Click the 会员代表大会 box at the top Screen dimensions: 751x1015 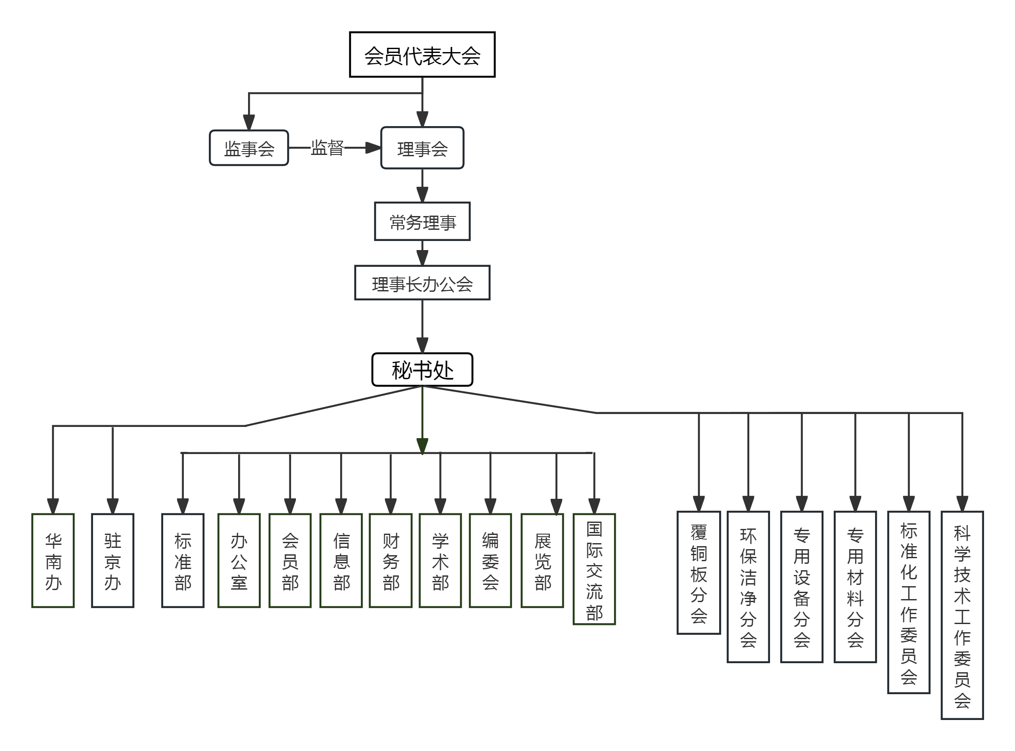[x=422, y=55]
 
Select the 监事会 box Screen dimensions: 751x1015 [x=249, y=148]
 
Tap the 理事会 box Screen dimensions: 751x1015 [x=422, y=148]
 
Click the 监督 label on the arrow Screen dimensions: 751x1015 [x=327, y=148]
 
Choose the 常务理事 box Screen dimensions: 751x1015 [x=422, y=221]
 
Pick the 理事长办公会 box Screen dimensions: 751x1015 [x=422, y=283]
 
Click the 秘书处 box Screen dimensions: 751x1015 [x=422, y=370]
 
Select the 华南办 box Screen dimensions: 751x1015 [x=53, y=561]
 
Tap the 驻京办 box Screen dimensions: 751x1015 [x=113, y=561]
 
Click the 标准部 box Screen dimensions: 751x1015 [x=183, y=561]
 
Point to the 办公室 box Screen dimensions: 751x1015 [x=239, y=561]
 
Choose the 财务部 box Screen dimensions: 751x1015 [x=391, y=561]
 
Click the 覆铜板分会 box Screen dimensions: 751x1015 [x=698, y=573]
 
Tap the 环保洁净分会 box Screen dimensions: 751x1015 [x=748, y=587]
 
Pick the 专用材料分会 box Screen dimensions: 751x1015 [x=855, y=587]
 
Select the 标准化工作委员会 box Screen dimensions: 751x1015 [x=909, y=603]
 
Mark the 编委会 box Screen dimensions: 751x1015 [x=490, y=561]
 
